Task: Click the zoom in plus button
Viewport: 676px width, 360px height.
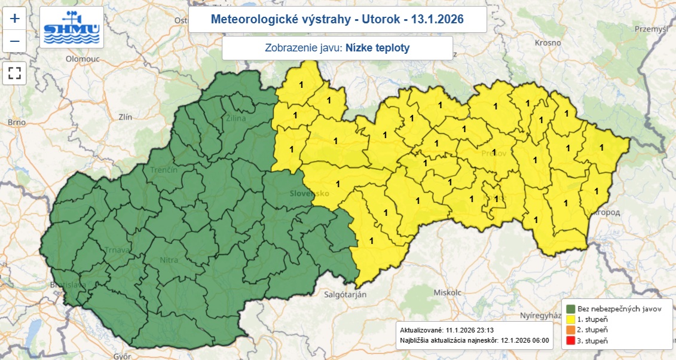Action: click(15, 18)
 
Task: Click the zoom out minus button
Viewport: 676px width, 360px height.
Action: click(15, 41)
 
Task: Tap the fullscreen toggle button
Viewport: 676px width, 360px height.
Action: click(15, 74)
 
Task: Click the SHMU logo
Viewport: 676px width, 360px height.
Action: click(72, 28)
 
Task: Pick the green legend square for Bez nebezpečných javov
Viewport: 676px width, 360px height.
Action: click(571, 309)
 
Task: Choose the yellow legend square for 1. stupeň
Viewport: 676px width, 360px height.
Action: click(571, 319)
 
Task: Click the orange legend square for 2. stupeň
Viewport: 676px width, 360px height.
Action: click(571, 330)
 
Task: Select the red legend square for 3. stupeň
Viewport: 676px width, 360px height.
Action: click(571, 341)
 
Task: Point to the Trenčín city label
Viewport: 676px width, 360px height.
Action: click(164, 170)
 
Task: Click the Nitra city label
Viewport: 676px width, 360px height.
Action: click(169, 260)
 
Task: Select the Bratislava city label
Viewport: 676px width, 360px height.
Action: click(68, 285)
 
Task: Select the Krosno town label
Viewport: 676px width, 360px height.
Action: click(548, 42)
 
